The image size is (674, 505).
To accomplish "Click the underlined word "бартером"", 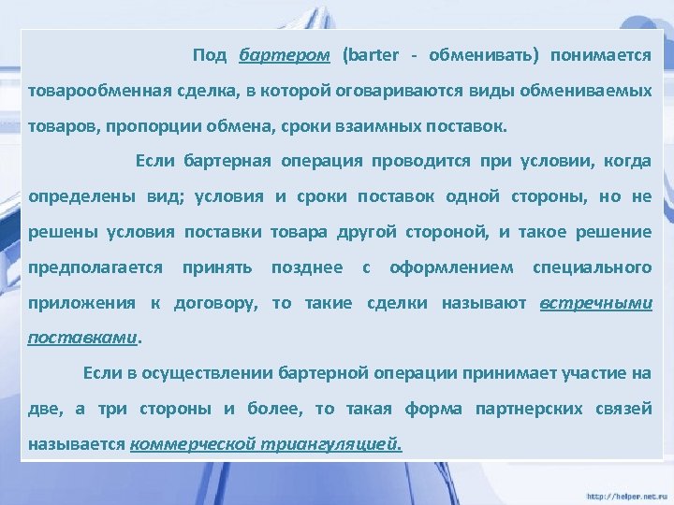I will click(285, 55).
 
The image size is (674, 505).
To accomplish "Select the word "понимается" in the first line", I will click(601, 54).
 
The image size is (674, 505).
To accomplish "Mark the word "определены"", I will click(76, 197).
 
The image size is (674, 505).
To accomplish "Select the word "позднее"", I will click(307, 268).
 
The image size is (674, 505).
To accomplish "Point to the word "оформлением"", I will click(451, 268).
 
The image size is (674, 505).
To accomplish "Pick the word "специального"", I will click(592, 268).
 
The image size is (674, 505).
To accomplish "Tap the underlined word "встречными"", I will click(596, 304).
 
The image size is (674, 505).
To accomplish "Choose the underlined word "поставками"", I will click(83, 338).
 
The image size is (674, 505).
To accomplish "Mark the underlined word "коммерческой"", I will click(191, 444).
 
